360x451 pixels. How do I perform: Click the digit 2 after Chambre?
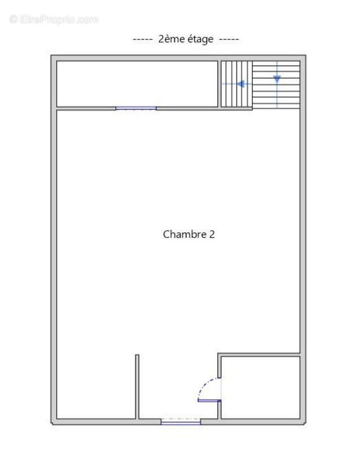tap(212, 234)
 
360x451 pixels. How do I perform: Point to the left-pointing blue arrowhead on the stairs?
tap(240, 84)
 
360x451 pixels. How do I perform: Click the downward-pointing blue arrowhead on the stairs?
tap(277, 79)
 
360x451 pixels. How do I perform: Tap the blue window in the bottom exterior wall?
tap(181, 421)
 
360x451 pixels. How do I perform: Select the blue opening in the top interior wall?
tap(136, 108)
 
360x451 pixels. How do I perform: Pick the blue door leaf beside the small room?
tap(209, 401)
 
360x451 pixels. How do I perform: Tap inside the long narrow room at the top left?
tap(137, 83)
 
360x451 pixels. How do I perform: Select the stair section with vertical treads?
tap(235, 84)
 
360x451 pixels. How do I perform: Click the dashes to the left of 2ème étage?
tap(142, 39)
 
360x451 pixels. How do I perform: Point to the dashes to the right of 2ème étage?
tap(229, 39)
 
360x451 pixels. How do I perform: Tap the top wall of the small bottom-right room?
tap(260, 355)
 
